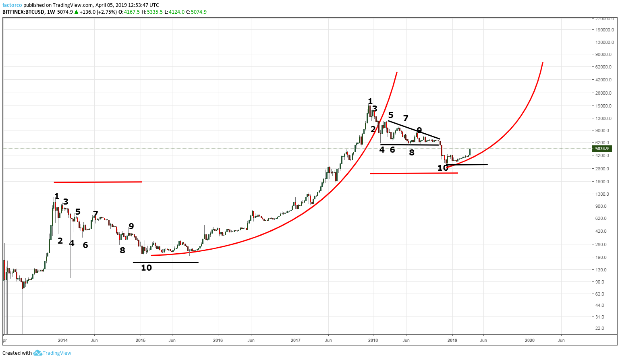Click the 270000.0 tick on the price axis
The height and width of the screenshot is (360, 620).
tap(604, 19)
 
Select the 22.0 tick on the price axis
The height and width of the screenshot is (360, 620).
tap(600, 328)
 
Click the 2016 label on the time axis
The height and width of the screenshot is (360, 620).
tap(218, 340)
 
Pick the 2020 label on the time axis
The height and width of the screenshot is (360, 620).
tap(529, 340)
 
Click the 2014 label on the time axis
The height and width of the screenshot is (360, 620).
tap(62, 340)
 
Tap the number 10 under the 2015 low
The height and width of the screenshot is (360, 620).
tap(146, 268)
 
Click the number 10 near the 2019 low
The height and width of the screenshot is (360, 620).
tap(442, 168)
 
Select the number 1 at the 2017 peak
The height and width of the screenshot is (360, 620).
tap(370, 101)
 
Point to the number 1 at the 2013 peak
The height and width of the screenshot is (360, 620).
tap(57, 196)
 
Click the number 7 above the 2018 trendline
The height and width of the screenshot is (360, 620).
tap(406, 118)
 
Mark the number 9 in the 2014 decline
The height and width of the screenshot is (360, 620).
tap(131, 226)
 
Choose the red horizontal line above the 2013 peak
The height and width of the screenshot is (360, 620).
tap(98, 182)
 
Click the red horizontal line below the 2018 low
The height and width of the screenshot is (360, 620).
tap(414, 173)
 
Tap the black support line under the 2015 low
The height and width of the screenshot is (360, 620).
tap(166, 262)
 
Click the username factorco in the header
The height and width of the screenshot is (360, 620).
tap(12, 5)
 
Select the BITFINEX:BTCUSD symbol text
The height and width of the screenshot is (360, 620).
tap(23, 12)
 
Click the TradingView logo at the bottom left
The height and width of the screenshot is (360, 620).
tap(52, 353)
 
